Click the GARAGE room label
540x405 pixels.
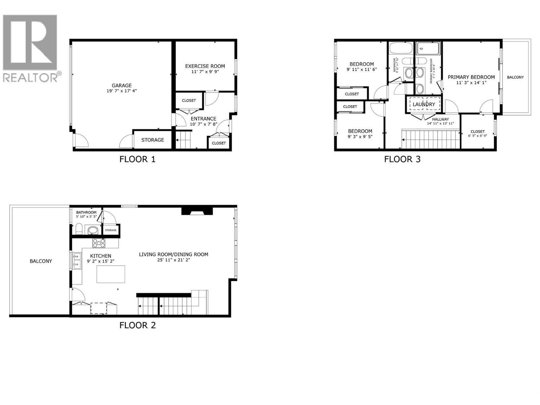coord(122,85)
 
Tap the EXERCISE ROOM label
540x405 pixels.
coord(205,66)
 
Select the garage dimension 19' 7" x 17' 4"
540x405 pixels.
coord(122,91)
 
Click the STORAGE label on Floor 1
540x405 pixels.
coord(153,140)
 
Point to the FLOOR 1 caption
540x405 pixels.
coord(137,159)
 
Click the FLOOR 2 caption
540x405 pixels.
coord(137,325)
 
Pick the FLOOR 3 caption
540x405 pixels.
coord(402,159)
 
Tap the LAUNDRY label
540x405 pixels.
coord(424,104)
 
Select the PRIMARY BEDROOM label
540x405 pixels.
coord(471,77)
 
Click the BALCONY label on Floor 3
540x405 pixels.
coord(515,77)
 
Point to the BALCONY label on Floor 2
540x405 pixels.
coord(41,261)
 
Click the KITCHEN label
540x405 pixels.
coord(101,256)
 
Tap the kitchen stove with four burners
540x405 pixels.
coord(99,243)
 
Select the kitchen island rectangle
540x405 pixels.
coord(111,274)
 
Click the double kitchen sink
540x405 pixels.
coord(76,261)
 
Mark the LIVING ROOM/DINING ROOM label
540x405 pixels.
coord(173,254)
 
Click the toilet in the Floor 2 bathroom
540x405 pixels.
coord(78,229)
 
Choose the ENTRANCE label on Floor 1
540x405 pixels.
coord(203,119)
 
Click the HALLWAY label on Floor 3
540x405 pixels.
coord(440,119)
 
